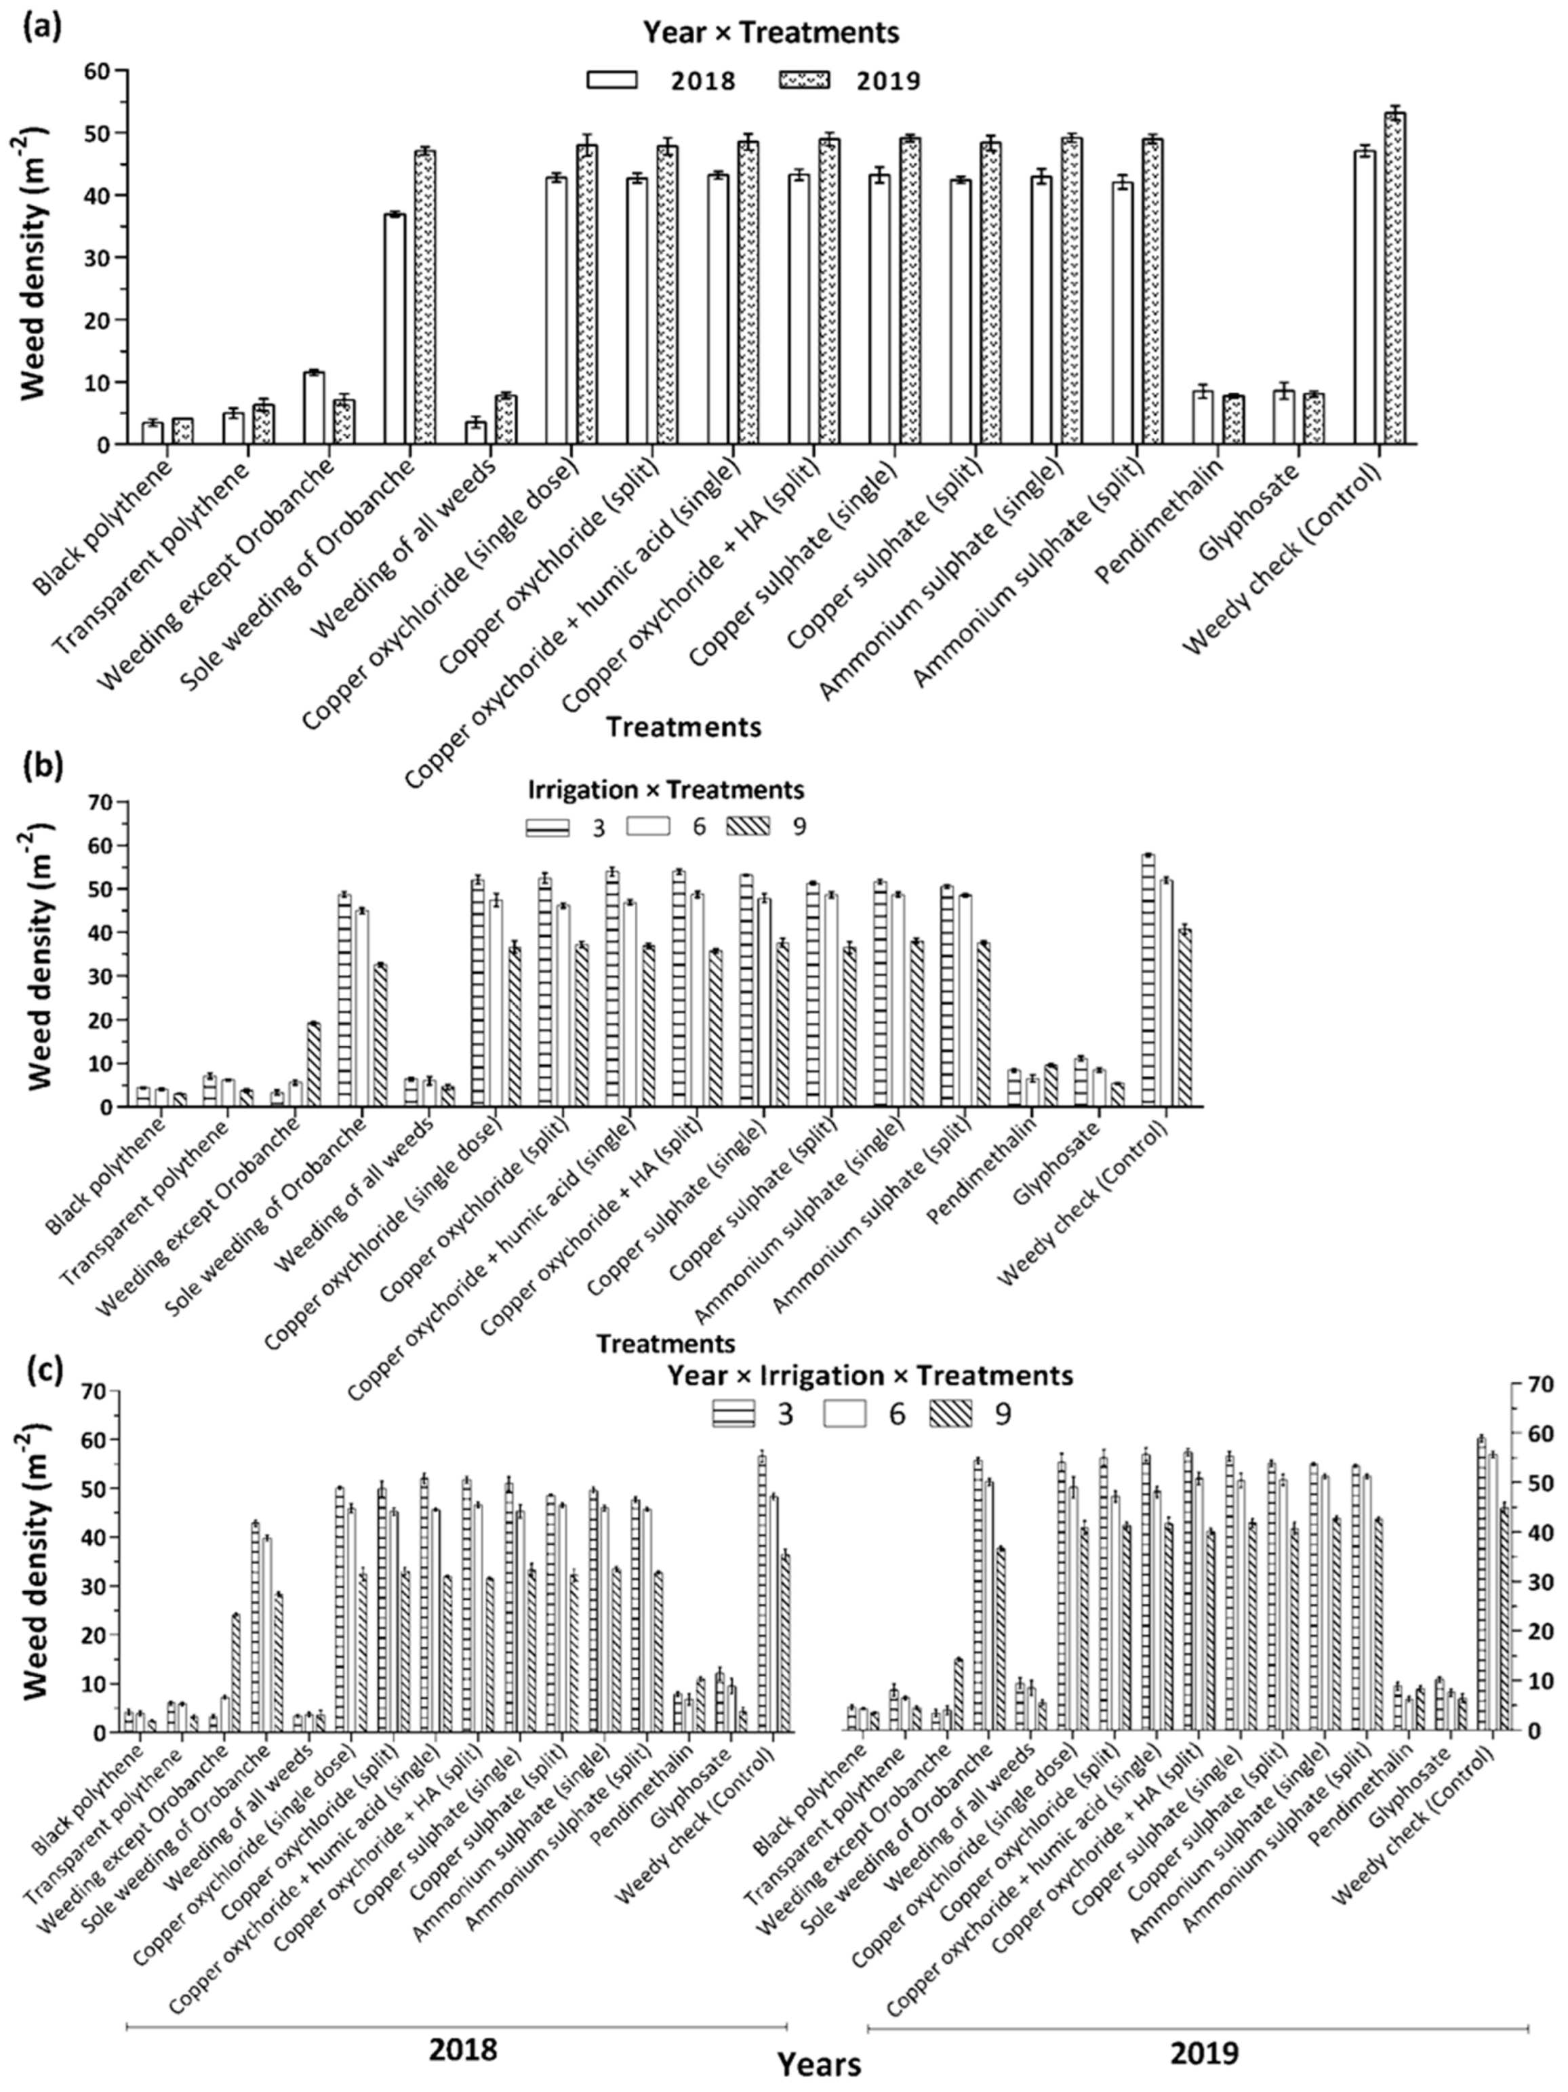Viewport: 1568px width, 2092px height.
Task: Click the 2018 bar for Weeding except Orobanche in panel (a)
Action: tap(313, 407)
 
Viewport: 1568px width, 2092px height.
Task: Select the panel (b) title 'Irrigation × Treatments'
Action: tap(665, 789)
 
